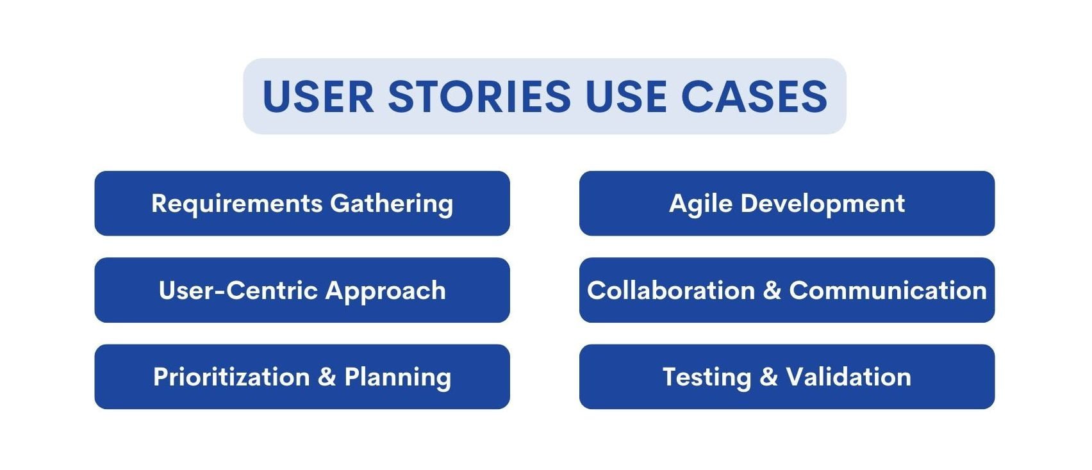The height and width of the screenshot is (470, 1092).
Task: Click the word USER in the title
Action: (318, 97)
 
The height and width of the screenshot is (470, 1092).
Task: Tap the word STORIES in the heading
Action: (479, 97)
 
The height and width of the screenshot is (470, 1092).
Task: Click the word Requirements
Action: (236, 204)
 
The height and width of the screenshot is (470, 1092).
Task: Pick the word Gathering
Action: (392, 204)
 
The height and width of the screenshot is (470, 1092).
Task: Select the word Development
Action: (822, 204)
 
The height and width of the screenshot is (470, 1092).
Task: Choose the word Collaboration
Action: (671, 291)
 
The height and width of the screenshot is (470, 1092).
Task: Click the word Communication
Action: (888, 291)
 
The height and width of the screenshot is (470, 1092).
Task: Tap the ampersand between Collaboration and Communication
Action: (772, 291)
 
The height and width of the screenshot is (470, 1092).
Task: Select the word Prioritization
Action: (231, 377)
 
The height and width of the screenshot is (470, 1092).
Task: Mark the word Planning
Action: (397, 378)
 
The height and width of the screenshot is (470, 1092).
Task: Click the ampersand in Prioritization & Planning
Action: (327, 377)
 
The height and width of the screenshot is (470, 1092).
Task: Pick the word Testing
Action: (706, 378)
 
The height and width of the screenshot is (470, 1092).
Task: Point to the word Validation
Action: (848, 377)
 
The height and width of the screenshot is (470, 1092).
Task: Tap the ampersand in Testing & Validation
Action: (768, 377)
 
